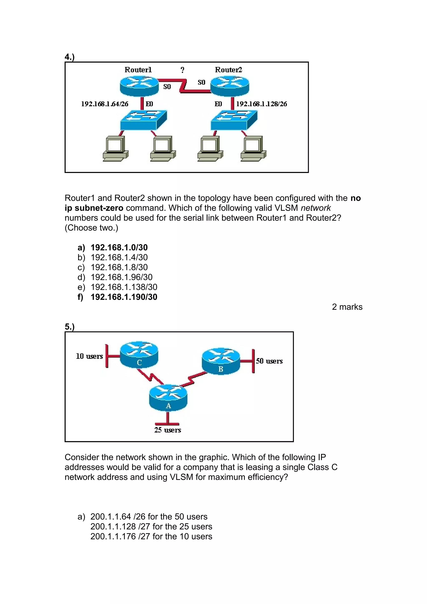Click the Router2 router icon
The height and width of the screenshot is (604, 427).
click(x=230, y=85)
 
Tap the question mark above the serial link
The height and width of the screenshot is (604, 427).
click(x=182, y=70)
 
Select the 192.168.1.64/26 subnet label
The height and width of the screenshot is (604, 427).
click(x=105, y=104)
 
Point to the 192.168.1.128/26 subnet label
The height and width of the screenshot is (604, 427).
click(x=261, y=104)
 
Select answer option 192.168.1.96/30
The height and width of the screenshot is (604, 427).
click(x=121, y=277)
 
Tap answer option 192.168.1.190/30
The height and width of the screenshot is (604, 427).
click(x=124, y=297)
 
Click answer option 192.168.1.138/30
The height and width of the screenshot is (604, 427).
click(x=124, y=287)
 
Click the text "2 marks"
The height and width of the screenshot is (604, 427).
click(x=347, y=307)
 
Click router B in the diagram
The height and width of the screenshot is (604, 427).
click(x=221, y=361)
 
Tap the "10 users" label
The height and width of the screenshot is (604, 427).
click(x=89, y=356)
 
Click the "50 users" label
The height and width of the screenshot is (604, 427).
click(x=269, y=361)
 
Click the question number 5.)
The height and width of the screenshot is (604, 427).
click(x=69, y=327)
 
